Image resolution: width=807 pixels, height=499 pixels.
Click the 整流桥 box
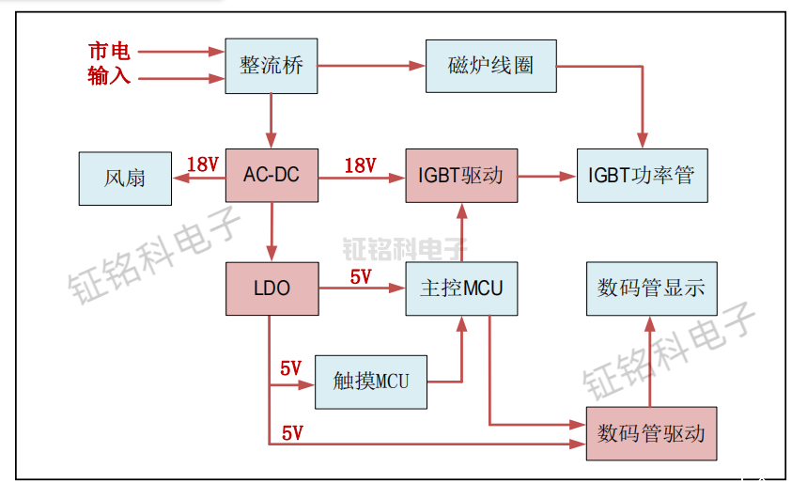point(272,66)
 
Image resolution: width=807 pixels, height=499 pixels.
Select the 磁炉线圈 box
point(490,66)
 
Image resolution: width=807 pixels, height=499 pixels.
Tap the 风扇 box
point(125,178)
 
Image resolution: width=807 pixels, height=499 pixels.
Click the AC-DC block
point(272,176)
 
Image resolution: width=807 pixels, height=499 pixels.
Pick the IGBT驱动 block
point(461,176)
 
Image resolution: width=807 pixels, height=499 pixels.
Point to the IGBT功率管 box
point(641,176)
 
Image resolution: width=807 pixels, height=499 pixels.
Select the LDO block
point(272,288)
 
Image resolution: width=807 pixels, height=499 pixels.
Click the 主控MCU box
point(461,288)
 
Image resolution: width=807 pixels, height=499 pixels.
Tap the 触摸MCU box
point(370,382)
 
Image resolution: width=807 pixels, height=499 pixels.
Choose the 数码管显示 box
point(651,288)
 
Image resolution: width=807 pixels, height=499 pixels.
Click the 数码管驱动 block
point(651,433)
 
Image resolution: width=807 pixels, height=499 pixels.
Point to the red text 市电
point(109,52)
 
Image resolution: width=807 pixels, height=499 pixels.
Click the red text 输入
point(109,76)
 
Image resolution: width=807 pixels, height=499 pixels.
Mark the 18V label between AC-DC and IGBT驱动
point(360,165)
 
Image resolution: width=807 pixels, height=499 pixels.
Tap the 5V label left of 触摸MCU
point(291,368)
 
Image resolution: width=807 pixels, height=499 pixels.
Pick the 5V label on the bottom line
point(292,433)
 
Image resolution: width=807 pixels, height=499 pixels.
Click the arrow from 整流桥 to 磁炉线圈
point(371,66)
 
